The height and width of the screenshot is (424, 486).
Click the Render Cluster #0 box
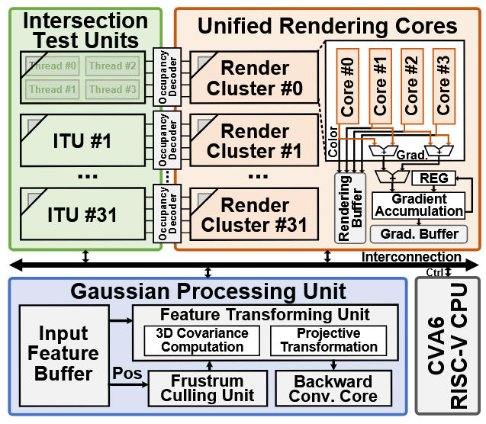point(255,79)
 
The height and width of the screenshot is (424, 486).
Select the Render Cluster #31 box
point(255,214)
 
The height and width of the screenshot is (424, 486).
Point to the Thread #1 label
point(53,89)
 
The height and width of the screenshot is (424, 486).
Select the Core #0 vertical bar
point(348,84)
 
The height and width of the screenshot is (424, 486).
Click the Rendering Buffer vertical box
point(350,207)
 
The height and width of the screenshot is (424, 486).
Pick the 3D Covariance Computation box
point(201,339)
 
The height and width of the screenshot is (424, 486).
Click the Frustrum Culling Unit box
point(208,387)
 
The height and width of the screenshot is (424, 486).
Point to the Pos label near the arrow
point(126,374)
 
